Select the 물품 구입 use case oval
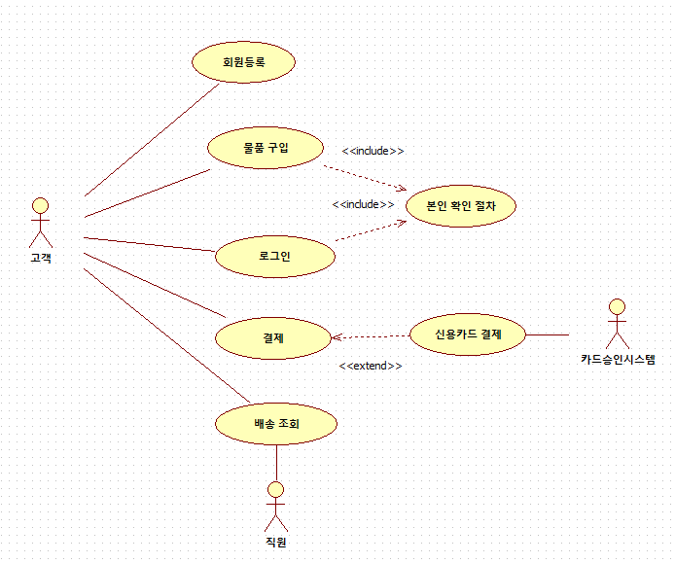tap(266, 148)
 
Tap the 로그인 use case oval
tap(274, 257)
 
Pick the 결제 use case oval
tap(272, 337)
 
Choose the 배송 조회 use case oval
tap(276, 423)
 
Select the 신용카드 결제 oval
tap(468, 334)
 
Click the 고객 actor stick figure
tap(40, 223)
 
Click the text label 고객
tap(40, 258)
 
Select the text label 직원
tap(276, 542)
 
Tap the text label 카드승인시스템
tap(618, 360)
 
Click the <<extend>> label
tap(370, 367)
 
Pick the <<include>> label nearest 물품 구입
tap(373, 151)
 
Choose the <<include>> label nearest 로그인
tap(363, 204)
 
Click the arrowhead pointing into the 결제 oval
tap(336, 338)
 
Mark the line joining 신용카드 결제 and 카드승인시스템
tap(548, 334)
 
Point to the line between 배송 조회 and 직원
tap(276, 462)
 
